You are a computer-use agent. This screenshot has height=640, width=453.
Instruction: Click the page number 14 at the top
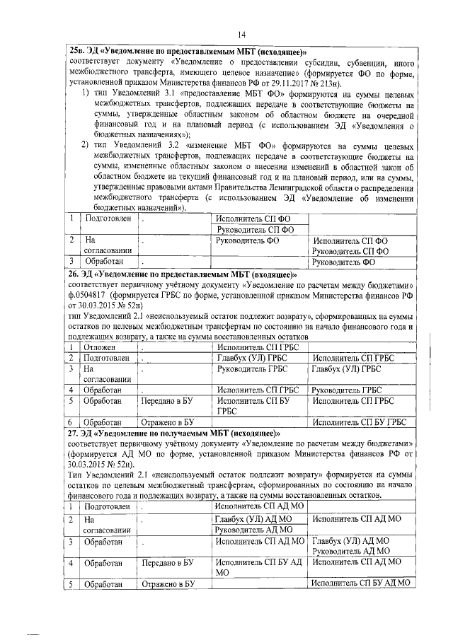(241, 35)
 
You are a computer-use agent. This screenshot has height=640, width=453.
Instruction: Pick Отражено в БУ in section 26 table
(168, 422)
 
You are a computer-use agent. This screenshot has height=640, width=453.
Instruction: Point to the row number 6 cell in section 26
(72, 422)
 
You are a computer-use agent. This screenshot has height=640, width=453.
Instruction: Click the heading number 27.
(73, 433)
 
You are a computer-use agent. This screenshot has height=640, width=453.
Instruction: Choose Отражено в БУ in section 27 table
(168, 583)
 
